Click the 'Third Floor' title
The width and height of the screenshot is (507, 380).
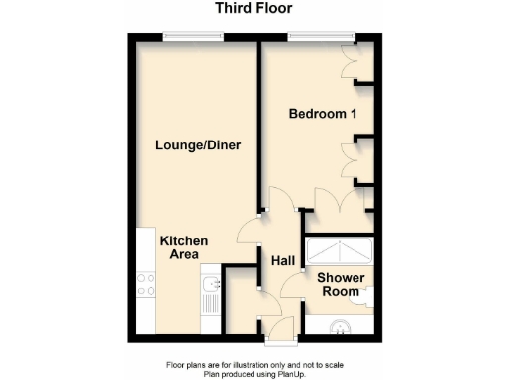click(x=254, y=9)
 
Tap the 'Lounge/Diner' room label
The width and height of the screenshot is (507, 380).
click(x=198, y=145)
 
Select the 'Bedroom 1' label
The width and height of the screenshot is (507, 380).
click(x=323, y=114)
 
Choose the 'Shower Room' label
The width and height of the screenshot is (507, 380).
click(x=341, y=284)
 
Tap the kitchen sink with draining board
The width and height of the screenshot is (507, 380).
click(x=209, y=295)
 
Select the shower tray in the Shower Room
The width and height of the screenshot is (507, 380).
click(x=339, y=251)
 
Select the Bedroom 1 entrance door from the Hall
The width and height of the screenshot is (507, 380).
click(x=278, y=203)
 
